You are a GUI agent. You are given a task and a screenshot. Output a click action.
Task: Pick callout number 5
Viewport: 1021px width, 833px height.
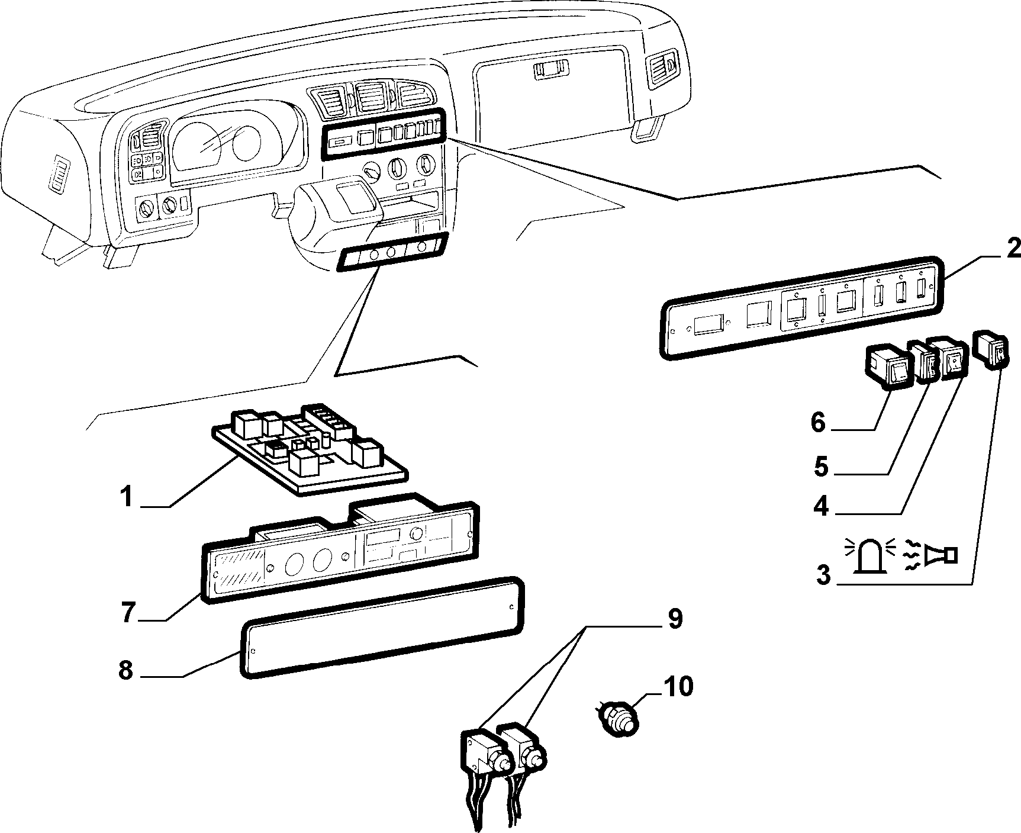pos(820,466)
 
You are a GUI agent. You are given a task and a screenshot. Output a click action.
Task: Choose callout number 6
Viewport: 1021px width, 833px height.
pos(817,422)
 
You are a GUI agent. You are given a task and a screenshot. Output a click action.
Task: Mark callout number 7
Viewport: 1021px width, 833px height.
pos(129,612)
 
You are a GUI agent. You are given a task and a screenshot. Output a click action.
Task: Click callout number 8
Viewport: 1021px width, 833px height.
pos(125,671)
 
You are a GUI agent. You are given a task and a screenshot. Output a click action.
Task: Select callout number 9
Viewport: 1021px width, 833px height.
pos(675,618)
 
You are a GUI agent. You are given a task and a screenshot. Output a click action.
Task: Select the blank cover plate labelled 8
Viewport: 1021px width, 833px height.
pos(382,627)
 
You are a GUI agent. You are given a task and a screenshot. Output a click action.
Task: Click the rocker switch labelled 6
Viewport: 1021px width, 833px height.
pos(887,369)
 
